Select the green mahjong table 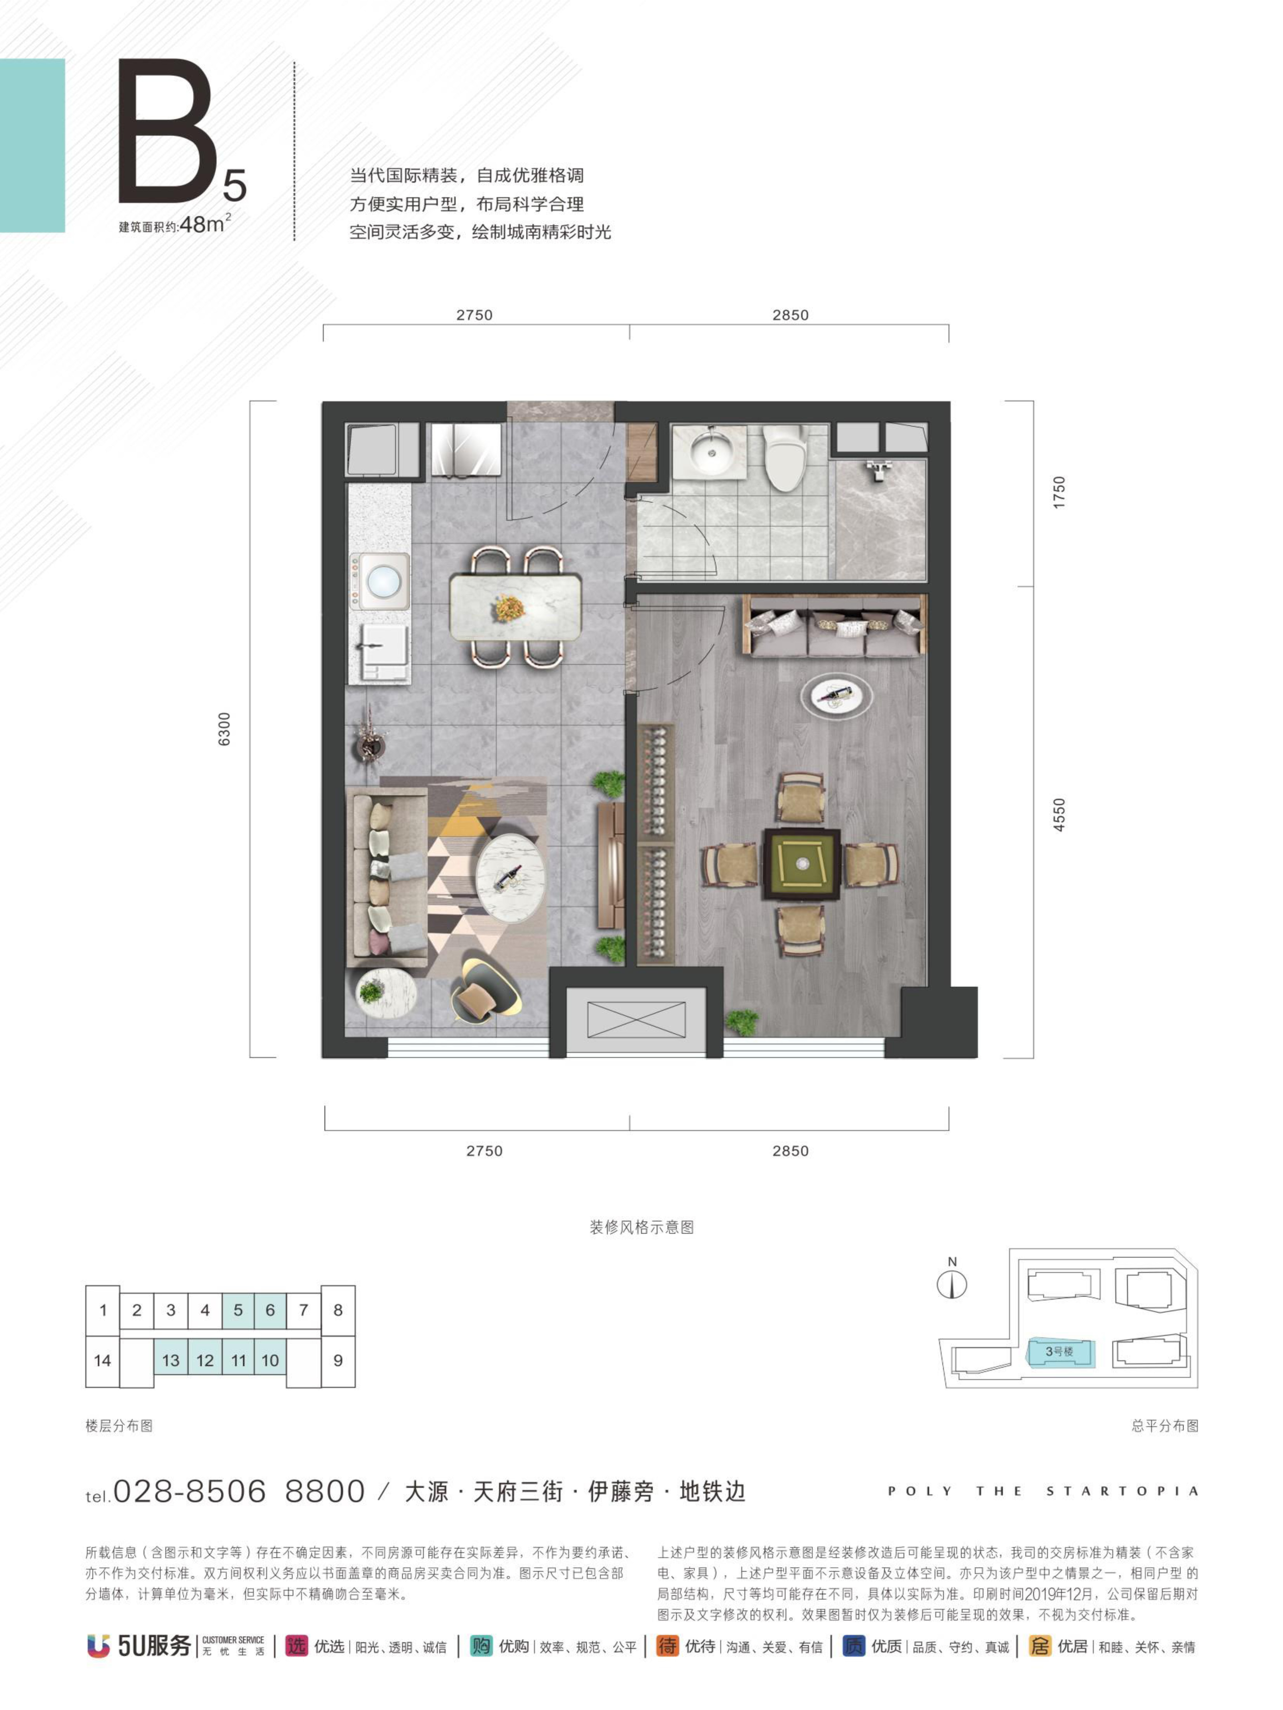(801, 864)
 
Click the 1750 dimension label (1059, 492)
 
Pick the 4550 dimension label (1059, 815)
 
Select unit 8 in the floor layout (338, 1310)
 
